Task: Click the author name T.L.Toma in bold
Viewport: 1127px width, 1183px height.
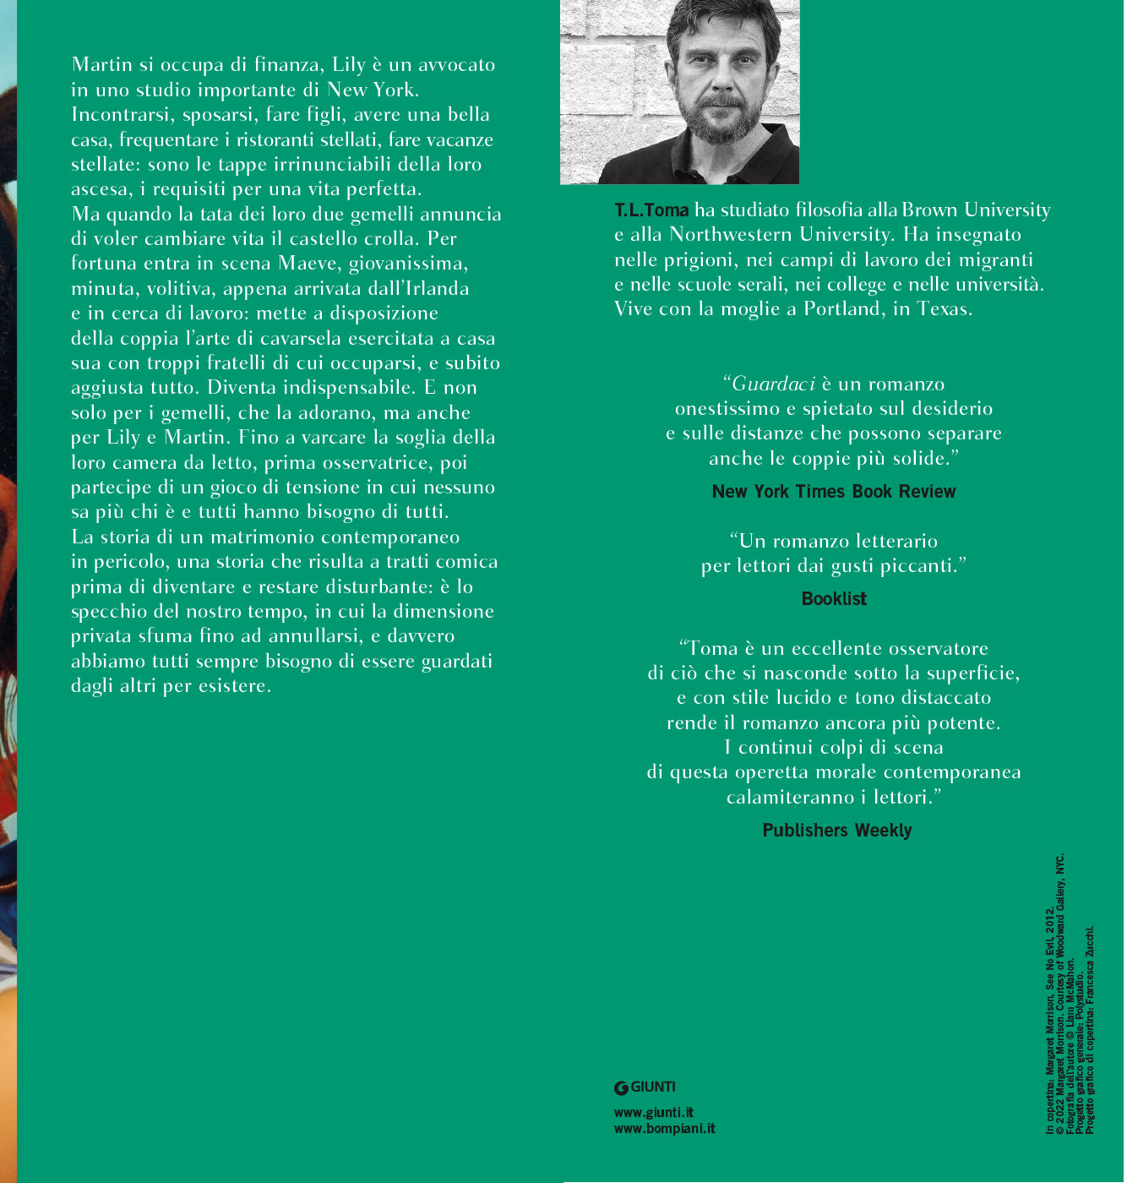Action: click(x=651, y=210)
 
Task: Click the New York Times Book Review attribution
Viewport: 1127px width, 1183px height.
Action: click(x=834, y=492)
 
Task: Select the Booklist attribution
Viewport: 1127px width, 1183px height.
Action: click(x=834, y=599)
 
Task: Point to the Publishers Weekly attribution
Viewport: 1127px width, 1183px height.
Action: click(x=837, y=831)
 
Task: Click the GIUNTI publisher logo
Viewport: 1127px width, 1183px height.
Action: click(x=645, y=1088)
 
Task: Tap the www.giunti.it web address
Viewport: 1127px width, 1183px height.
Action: click(x=654, y=1113)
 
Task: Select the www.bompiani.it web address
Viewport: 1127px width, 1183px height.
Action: click(x=664, y=1129)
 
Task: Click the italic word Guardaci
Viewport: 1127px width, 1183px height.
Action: click(x=773, y=384)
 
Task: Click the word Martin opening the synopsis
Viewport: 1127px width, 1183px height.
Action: click(x=102, y=65)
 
